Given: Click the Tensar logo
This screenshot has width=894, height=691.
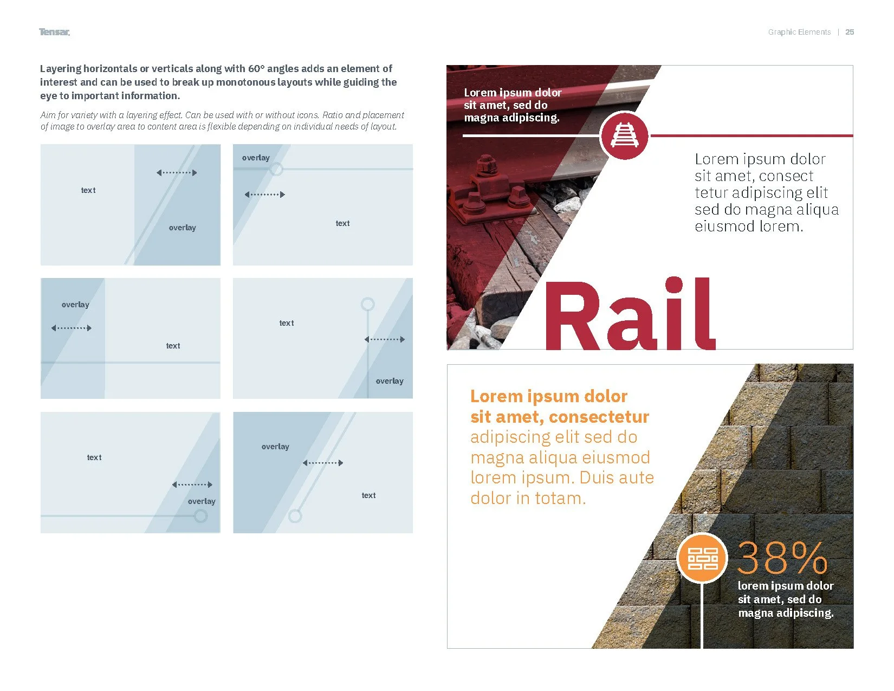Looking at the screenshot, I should [x=54, y=32].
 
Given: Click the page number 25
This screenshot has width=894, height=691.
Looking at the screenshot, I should [x=850, y=32].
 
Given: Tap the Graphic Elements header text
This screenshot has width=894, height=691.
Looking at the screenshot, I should [x=799, y=32].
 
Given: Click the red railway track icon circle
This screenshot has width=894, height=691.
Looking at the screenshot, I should [x=624, y=135].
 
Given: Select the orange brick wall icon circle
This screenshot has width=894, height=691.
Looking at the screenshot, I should [x=702, y=558].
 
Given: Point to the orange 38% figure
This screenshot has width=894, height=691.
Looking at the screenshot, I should [x=782, y=558].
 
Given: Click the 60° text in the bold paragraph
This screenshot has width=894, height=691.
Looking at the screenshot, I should [x=256, y=69].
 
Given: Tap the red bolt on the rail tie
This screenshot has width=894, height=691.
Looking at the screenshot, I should [x=486, y=164].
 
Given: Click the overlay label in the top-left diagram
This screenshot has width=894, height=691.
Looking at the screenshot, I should [x=182, y=228].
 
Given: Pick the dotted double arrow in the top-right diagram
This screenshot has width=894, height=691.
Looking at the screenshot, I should [x=264, y=194].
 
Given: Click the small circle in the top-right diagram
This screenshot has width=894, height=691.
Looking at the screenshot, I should [x=276, y=169].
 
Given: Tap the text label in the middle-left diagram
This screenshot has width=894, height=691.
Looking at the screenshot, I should [x=173, y=346].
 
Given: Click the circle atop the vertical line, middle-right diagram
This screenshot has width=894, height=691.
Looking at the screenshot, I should [x=368, y=304].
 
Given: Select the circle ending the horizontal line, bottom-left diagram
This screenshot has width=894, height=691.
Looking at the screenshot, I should [x=200, y=516].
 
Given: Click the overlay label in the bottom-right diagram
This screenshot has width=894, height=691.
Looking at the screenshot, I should [x=275, y=447].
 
